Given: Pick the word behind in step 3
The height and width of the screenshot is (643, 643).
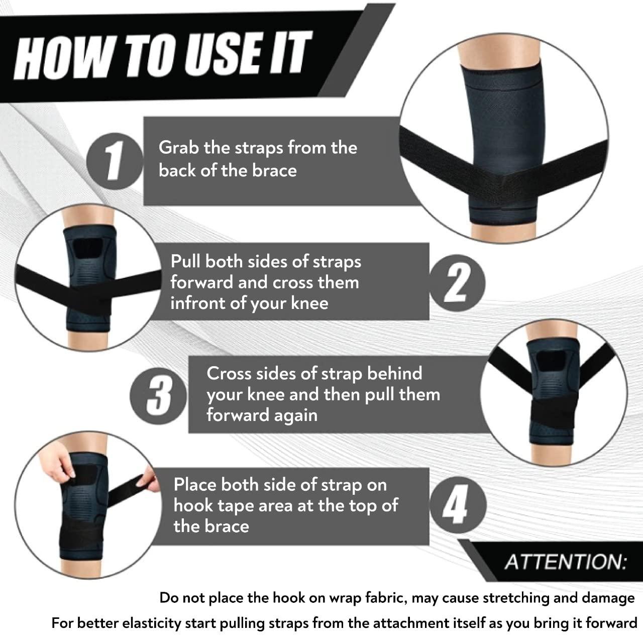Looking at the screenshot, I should point(394,374).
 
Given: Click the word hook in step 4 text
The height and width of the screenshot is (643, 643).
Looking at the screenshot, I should point(193,506).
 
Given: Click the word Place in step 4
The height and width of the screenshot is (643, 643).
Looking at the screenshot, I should point(195,485).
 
